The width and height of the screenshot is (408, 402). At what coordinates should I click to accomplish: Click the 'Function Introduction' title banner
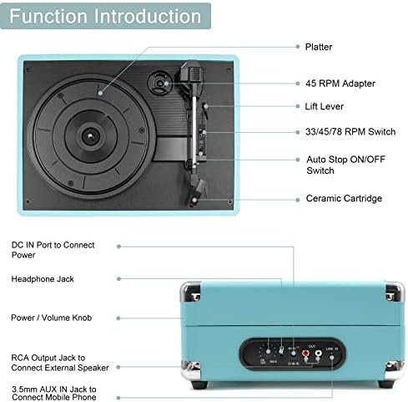[x=105, y=16]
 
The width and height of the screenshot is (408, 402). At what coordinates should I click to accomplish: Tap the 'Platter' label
[x=319, y=47]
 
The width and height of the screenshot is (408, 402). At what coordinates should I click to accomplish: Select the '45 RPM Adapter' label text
[x=340, y=84]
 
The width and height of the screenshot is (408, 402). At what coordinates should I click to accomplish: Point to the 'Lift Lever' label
[x=325, y=106]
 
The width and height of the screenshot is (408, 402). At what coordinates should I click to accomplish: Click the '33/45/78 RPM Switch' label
[x=350, y=131]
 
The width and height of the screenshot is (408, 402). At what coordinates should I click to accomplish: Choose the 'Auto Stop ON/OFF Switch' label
[x=345, y=165]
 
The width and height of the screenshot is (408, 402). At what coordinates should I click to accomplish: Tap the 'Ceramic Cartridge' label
[x=344, y=198]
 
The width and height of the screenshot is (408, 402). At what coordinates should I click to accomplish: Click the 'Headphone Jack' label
[x=43, y=279]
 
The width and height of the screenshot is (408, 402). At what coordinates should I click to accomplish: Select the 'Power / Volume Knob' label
[x=52, y=318]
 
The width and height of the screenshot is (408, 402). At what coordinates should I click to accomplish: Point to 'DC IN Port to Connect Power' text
[x=53, y=250]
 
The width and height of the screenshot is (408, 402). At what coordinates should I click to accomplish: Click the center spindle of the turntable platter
[x=90, y=136]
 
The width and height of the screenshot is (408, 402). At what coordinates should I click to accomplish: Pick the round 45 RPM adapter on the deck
[x=159, y=84]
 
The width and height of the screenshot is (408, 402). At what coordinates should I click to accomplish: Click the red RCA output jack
[x=306, y=354]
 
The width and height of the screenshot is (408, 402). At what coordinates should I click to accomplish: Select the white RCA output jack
[x=318, y=354]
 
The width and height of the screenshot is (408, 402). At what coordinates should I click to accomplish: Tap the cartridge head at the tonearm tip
[x=196, y=193]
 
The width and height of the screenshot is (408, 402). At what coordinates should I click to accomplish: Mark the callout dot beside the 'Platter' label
[x=298, y=47]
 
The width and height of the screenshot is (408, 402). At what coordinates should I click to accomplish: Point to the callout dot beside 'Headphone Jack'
[x=119, y=279]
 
